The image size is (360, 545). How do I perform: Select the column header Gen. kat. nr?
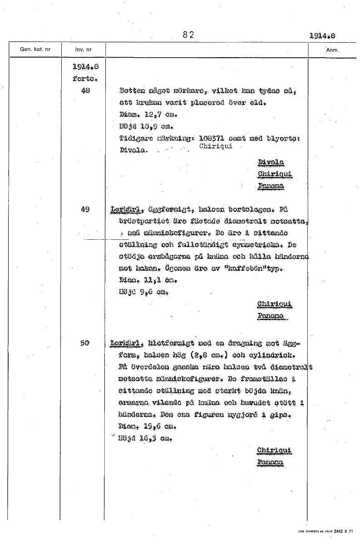pyautogui.click(x=35, y=49)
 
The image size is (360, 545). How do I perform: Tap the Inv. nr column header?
pyautogui.click(x=83, y=49)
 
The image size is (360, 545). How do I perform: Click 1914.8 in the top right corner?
pyautogui.click(x=325, y=35)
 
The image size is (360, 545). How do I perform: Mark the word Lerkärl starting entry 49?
pyautogui.click(x=124, y=210)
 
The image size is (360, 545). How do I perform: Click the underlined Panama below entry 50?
pyautogui.click(x=270, y=462)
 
